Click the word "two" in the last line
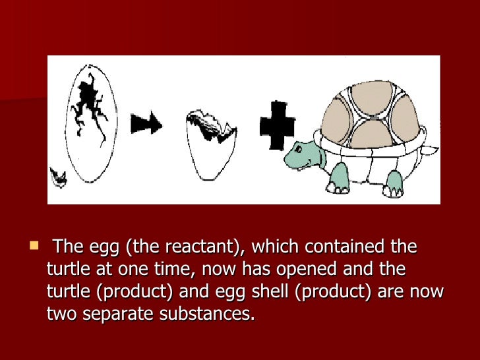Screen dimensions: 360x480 tap(61, 314)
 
